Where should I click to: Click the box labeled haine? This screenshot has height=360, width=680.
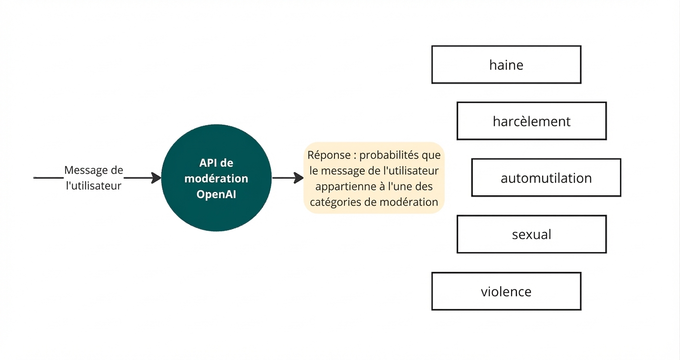[x=506, y=65]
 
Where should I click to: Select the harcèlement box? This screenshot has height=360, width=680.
[x=531, y=121]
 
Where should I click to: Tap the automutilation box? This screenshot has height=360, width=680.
[x=546, y=178]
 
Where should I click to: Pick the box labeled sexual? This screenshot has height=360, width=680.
[x=531, y=235]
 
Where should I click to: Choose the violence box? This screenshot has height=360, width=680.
[x=506, y=291]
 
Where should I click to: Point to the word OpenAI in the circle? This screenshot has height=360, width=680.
[x=216, y=195]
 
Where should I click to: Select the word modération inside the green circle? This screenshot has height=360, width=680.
[x=216, y=179]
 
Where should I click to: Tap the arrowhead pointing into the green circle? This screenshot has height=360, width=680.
[x=156, y=178]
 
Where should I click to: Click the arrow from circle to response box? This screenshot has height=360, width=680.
[x=288, y=178]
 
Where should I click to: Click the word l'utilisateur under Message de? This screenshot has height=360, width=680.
[x=93, y=186]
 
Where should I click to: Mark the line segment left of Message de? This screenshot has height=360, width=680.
[x=48, y=178]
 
